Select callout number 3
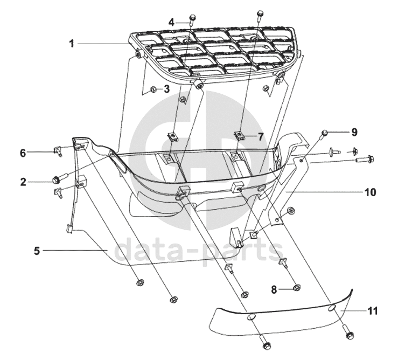[166, 88]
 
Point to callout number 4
[171, 22]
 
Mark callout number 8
[274, 289]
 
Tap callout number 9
[339, 131]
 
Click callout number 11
[373, 311]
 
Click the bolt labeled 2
[57, 178]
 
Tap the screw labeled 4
[192, 21]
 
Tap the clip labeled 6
[58, 152]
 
